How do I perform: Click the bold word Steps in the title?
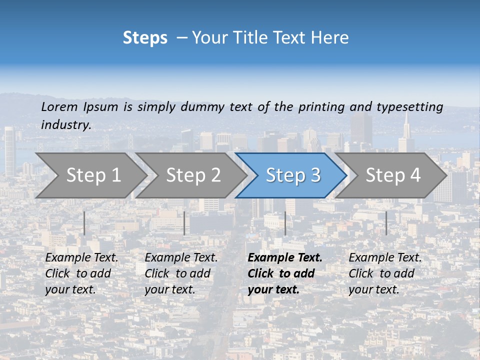tap(145, 38)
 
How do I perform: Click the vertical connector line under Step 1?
tap(84, 223)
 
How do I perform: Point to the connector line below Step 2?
tap(184, 223)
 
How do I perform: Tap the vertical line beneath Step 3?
tap(285, 223)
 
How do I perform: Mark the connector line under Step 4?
tap(386, 223)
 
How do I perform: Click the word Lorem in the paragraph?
tap(59, 106)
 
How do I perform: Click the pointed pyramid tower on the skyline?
tap(406, 132)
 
